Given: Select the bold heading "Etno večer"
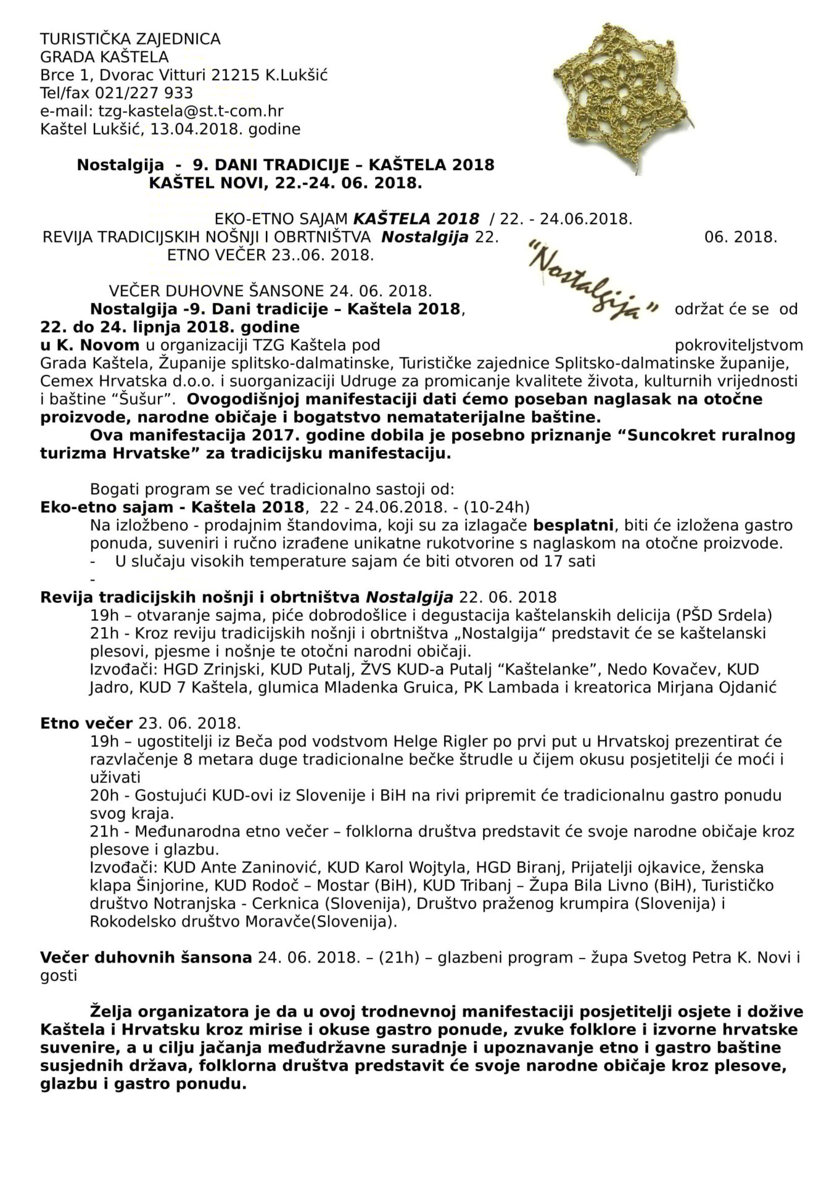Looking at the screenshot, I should tap(86, 723).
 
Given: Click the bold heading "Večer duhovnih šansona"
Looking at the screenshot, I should tap(146, 958).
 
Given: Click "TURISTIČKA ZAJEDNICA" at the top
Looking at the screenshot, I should tap(130, 39).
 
